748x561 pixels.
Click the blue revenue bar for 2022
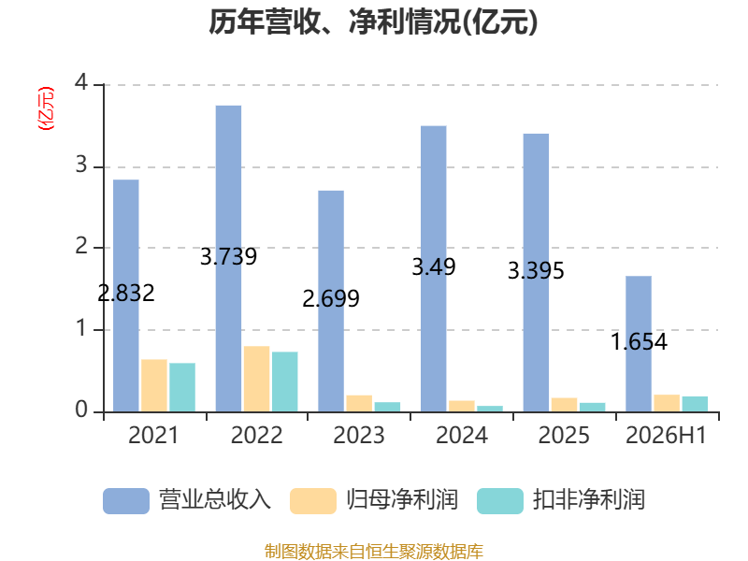click(228, 259)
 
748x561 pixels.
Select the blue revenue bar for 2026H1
click(639, 344)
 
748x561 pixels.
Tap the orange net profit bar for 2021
click(154, 385)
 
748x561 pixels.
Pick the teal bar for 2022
click(285, 381)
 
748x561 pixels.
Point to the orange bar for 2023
click(359, 404)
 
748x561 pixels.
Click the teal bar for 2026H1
click(695, 404)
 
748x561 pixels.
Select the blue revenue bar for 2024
click(434, 268)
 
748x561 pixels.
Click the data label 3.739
click(228, 256)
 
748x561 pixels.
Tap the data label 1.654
click(639, 341)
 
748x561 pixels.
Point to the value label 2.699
click(331, 299)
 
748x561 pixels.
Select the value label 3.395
click(536, 271)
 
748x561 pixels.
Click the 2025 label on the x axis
click(564, 435)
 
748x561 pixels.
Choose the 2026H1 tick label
click(666, 435)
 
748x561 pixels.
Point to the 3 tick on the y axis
click(81, 165)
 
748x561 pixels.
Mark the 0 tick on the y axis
click(81, 410)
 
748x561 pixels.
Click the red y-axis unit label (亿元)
click(46, 108)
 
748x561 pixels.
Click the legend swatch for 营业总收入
click(126, 501)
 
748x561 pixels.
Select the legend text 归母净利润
click(402, 500)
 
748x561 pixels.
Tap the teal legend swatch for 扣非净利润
click(500, 501)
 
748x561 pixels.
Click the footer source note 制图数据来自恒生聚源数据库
click(374, 552)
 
